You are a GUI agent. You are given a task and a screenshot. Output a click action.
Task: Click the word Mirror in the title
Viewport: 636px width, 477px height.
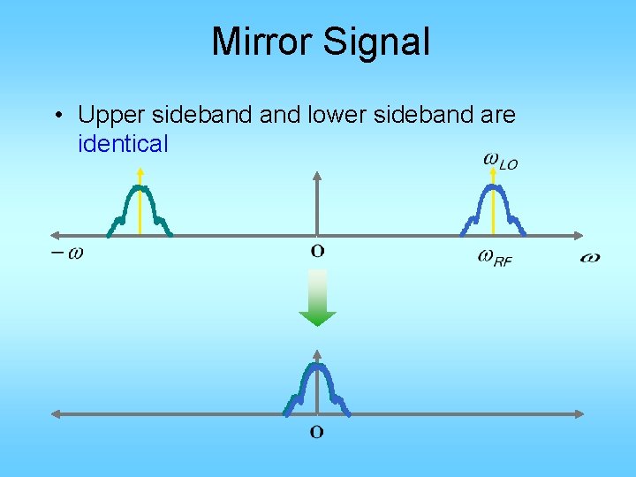coord(264,42)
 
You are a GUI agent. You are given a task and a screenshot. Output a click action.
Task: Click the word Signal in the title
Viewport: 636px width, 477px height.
coord(377,42)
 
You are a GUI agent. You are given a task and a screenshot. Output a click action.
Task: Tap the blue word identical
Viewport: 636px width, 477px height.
coord(123,143)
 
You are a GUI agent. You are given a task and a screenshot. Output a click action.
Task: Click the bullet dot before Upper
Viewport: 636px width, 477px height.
coord(57,116)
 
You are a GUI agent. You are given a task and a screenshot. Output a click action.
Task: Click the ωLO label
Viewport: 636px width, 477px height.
coord(500,161)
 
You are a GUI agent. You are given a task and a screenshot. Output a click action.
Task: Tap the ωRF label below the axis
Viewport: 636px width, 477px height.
coord(495,257)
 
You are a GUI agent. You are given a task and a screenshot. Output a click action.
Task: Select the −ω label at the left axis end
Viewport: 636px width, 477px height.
coord(67,253)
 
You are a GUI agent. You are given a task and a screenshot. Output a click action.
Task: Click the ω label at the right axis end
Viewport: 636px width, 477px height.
coord(590,257)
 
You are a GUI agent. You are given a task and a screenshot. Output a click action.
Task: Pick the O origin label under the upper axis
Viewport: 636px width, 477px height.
coord(317,251)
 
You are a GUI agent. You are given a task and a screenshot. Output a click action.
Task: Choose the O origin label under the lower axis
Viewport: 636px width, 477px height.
coord(316,432)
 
